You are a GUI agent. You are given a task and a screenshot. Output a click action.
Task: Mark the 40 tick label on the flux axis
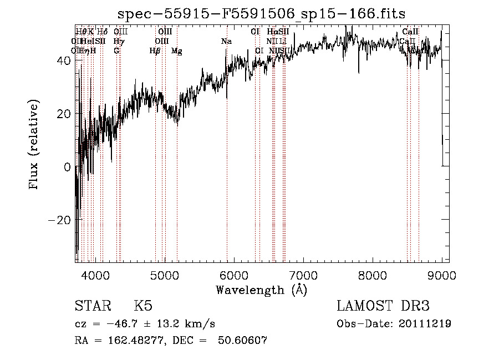pos(63,60)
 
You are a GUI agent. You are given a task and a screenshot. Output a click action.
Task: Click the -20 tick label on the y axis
pos(59,219)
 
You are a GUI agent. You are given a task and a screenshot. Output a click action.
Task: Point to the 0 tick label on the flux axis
pos(67,166)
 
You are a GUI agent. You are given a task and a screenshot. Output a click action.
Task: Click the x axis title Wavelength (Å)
pos(261,290)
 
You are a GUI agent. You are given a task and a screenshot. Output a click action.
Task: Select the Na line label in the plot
pos(226,41)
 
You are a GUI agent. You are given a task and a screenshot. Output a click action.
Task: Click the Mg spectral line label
pos(176,51)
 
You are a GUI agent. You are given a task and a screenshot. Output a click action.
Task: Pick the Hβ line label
pos(155,51)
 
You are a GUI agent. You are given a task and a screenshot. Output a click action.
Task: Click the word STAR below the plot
pos(92,307)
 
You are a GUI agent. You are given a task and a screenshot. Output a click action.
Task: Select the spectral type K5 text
pos(143,307)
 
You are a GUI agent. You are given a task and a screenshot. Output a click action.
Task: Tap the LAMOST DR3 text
pos(383,307)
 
